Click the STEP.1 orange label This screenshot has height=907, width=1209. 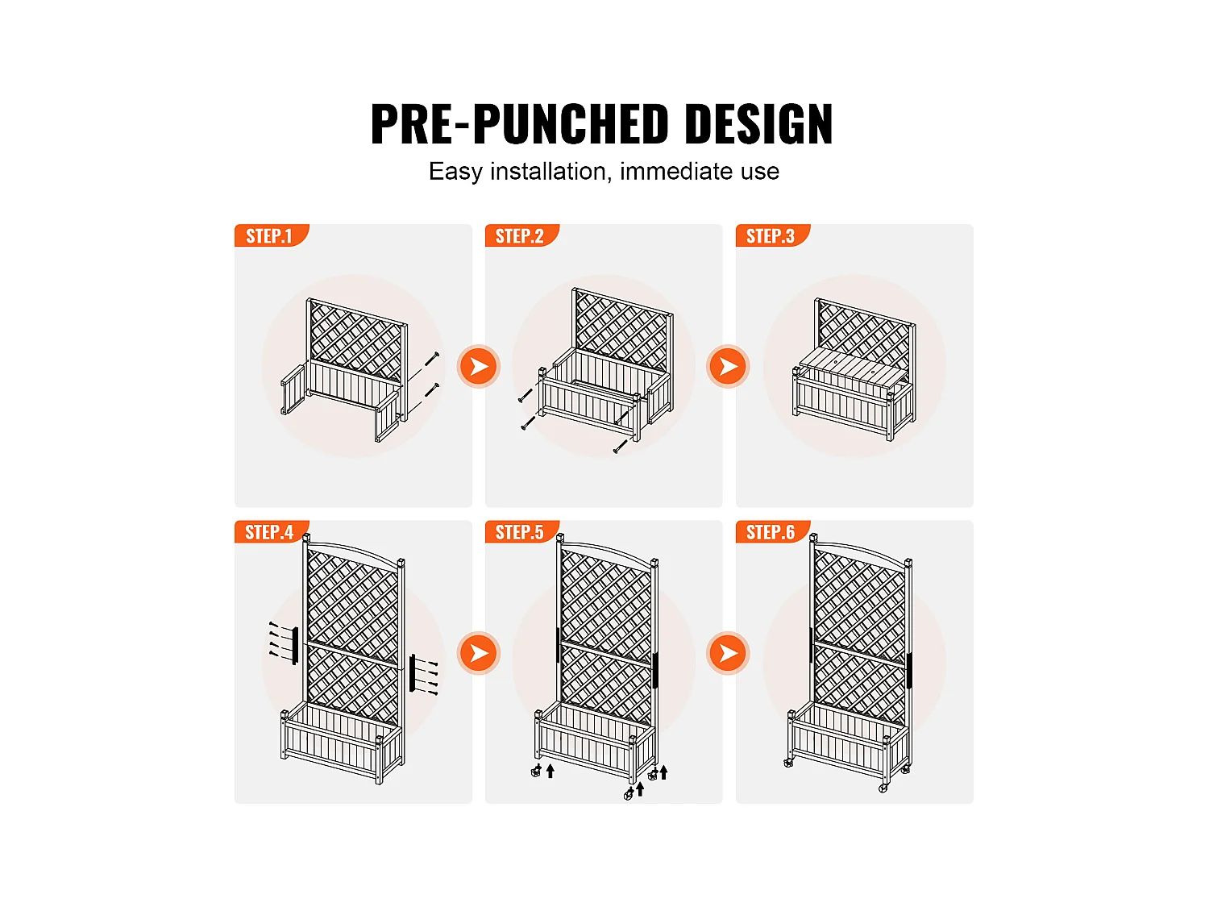coord(271,235)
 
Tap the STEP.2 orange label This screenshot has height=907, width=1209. coord(521,235)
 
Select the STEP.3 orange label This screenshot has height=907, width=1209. coord(771,235)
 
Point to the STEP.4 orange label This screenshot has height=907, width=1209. coord(271,532)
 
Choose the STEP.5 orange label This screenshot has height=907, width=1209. coord(521,532)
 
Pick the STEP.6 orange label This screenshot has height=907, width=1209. coord(771,532)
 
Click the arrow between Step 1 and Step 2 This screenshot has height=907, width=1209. coord(479,366)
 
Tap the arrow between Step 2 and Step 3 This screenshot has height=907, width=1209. coord(728,366)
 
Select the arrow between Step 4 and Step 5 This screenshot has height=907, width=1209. coord(479,652)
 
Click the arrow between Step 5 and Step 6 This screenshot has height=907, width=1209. coord(728,652)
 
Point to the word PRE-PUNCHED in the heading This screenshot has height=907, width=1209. coord(520,124)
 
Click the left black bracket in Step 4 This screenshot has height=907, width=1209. coord(295,646)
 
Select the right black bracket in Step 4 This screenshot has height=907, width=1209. coord(413,672)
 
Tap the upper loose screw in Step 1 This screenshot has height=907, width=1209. coord(432,360)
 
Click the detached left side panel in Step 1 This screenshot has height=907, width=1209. coord(293,389)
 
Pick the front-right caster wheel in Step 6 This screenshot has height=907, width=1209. coord(883,788)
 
